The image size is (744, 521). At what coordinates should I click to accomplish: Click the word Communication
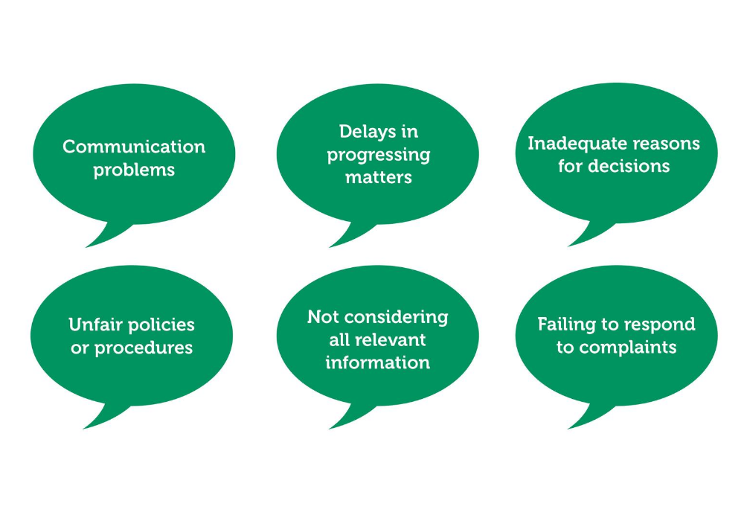point(134,147)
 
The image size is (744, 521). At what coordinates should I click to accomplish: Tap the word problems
point(134,170)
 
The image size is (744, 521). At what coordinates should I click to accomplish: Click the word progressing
point(378,156)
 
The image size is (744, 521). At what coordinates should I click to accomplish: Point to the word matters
point(378,178)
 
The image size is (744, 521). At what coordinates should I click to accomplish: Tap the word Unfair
point(96,325)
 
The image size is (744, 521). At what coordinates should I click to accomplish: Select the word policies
point(161,325)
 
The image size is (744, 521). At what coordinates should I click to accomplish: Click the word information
point(377,363)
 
